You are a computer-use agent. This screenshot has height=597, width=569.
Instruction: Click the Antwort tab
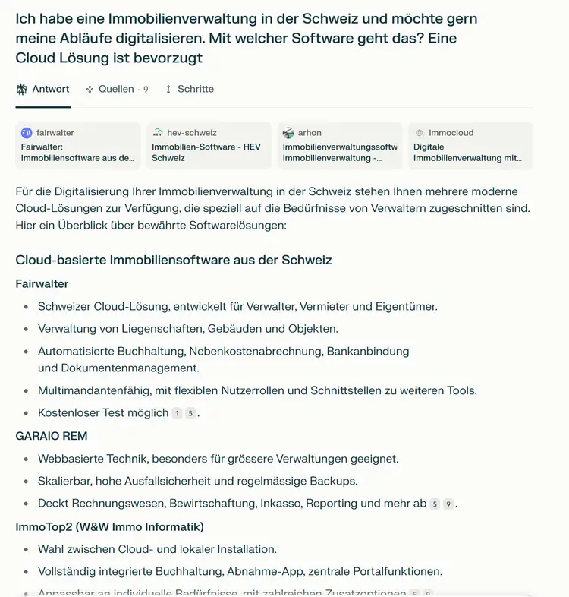click(x=43, y=90)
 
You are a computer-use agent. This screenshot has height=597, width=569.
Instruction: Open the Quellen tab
click(x=116, y=90)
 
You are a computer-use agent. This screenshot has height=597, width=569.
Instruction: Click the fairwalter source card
click(x=78, y=145)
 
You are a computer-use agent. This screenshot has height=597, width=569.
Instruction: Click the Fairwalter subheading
click(x=42, y=284)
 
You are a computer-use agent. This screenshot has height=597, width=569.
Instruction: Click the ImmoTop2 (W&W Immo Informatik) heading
click(x=109, y=526)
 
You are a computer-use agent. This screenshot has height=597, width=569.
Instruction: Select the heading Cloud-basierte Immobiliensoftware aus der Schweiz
click(x=174, y=260)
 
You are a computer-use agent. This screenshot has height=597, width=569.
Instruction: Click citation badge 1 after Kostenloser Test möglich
click(x=177, y=414)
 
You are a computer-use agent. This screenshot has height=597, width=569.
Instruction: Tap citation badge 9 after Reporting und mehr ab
click(x=448, y=504)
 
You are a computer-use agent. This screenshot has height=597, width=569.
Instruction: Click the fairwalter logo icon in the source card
click(x=27, y=133)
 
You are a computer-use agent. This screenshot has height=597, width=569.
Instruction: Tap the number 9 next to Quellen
click(x=146, y=90)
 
